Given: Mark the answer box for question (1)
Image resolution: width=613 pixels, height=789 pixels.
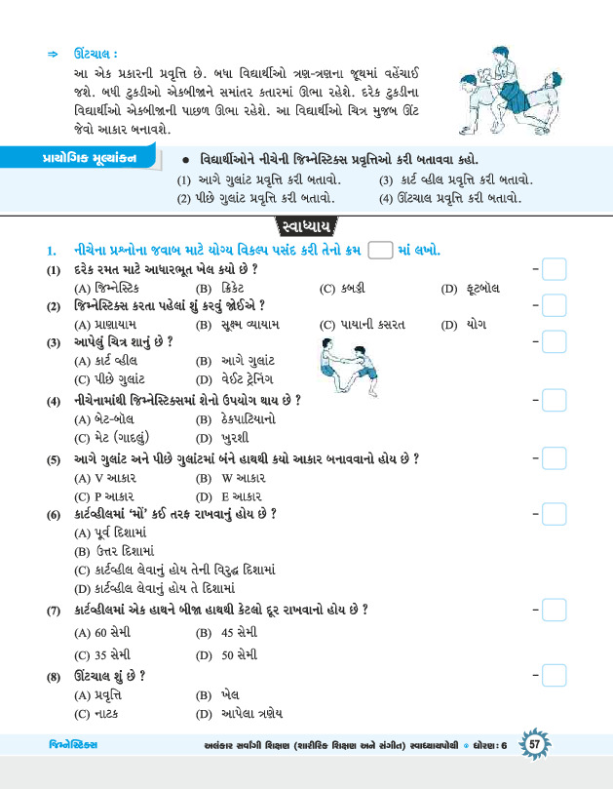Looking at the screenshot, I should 554,269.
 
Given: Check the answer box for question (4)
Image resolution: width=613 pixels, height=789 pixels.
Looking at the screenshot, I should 554,401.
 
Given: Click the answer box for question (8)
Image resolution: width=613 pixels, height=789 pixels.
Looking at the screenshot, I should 554,674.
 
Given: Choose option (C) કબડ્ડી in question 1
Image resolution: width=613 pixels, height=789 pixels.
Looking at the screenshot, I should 343,289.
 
